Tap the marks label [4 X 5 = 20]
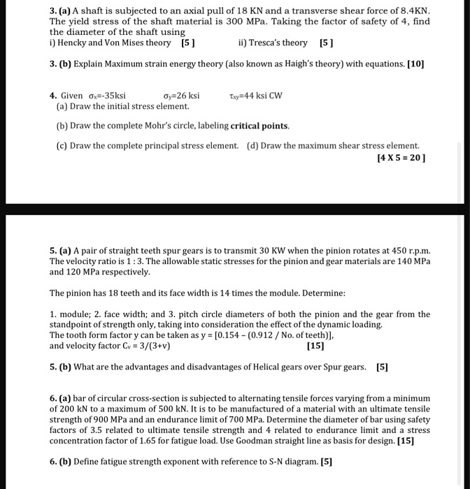(401, 158)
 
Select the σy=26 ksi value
(181, 95)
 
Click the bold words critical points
(259, 126)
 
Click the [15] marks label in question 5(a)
(315, 345)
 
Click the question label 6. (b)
(61, 462)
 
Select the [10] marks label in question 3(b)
(415, 64)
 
